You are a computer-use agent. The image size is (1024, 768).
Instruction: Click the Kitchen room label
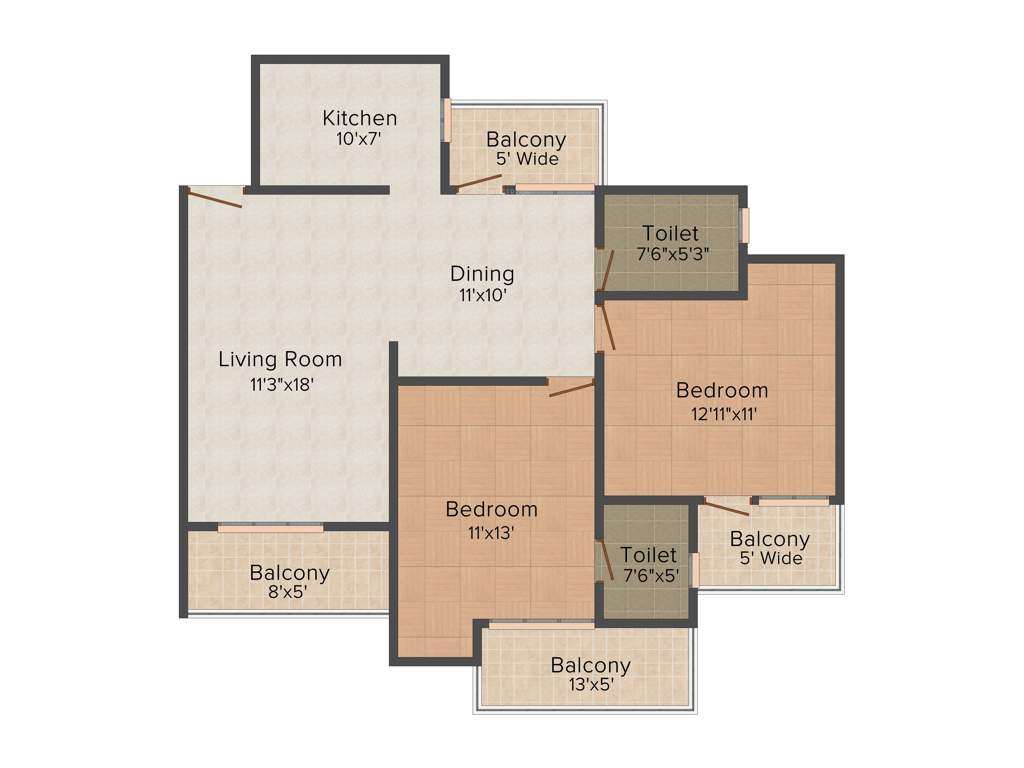(x=359, y=118)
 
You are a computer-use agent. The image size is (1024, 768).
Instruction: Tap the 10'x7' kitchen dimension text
(x=359, y=139)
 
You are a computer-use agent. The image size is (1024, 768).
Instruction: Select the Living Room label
(x=280, y=359)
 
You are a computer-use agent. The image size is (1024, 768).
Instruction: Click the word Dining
(x=482, y=273)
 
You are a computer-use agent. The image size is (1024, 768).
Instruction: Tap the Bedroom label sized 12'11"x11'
(x=722, y=390)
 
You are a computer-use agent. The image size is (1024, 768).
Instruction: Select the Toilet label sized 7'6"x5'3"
(x=670, y=234)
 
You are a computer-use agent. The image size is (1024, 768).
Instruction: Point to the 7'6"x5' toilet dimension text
(x=650, y=575)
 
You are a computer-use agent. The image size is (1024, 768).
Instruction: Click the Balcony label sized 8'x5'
(x=290, y=573)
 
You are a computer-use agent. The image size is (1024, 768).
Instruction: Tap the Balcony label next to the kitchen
(x=526, y=139)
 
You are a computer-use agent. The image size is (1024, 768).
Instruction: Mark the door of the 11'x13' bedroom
(x=572, y=387)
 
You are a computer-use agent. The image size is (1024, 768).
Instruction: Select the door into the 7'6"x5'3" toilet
(x=604, y=269)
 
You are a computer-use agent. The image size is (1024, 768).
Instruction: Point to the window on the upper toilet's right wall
(x=744, y=224)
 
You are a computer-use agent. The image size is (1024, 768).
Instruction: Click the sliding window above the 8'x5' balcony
(x=270, y=527)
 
